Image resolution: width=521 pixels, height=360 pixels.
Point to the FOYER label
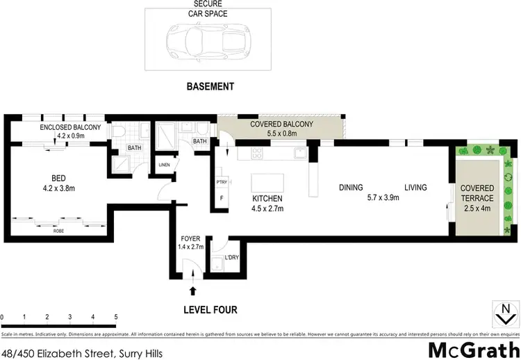pos(190,238)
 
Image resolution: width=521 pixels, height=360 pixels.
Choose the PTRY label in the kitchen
pos(222,182)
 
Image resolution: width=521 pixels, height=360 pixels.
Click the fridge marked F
pos(222,197)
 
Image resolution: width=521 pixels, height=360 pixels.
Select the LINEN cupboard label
pos(164,165)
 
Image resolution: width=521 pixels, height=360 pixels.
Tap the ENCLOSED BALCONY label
pos(70,127)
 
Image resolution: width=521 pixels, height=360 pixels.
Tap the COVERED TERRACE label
pos(479,193)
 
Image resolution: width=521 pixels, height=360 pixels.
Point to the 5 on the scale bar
pos(115,316)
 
